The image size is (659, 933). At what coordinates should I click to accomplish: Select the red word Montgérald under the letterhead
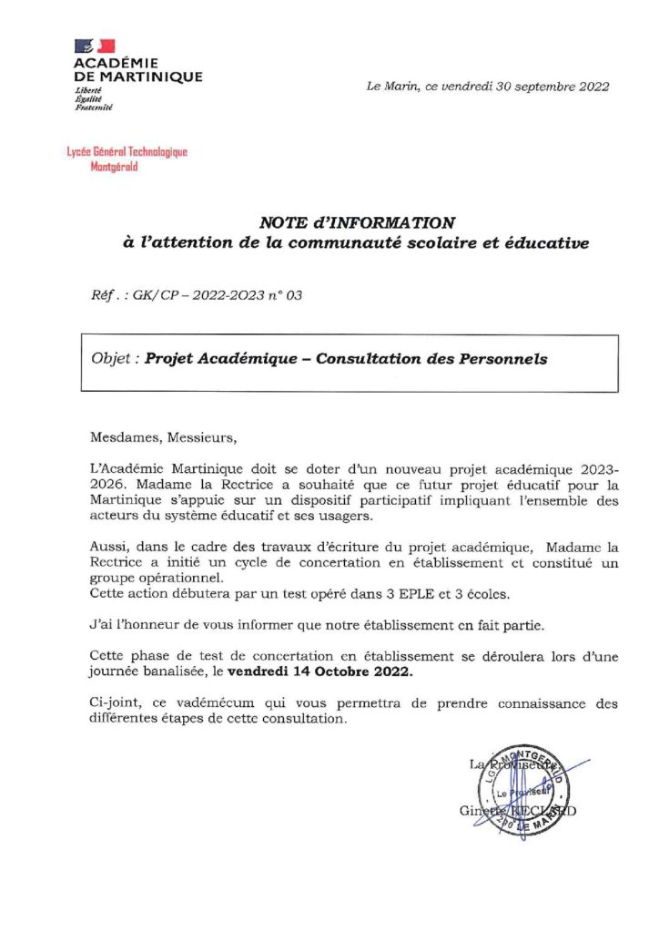[114, 167]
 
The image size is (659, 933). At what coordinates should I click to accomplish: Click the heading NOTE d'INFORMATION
[357, 221]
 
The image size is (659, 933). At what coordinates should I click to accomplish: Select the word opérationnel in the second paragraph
[177, 579]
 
